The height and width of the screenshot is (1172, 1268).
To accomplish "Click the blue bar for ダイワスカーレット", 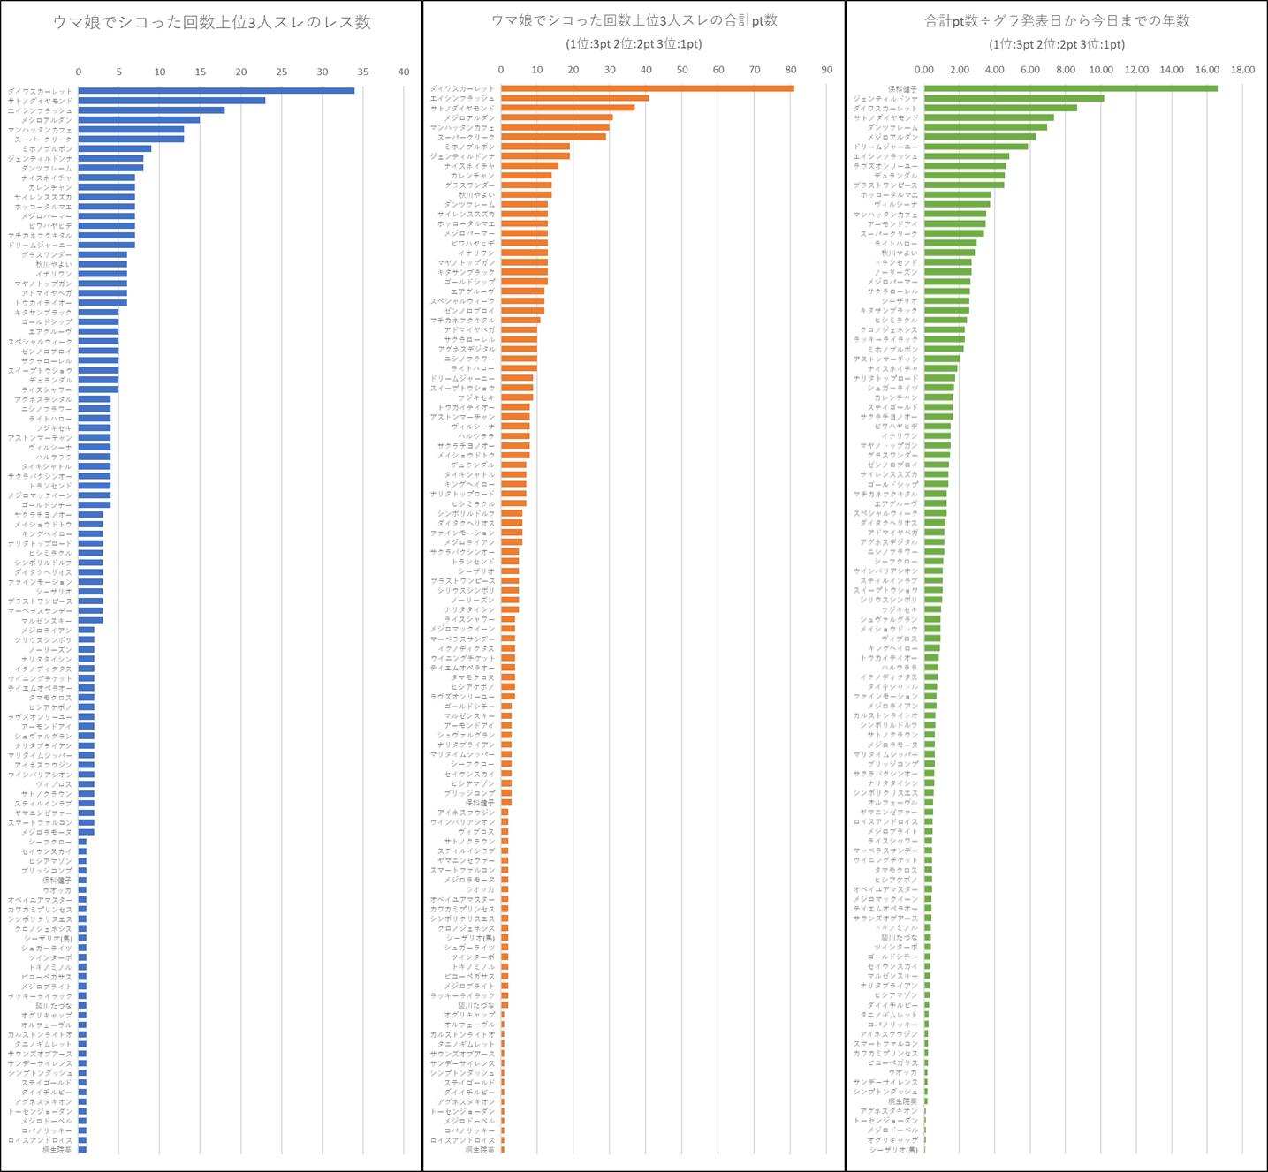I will coord(216,91).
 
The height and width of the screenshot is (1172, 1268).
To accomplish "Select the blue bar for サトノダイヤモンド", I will coord(171,101).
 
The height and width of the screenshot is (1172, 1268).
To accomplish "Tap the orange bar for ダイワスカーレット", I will coord(647,88).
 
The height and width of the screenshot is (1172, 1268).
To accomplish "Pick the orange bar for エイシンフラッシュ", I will coord(574,98).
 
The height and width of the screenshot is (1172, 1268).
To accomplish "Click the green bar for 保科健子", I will coord(1070,88).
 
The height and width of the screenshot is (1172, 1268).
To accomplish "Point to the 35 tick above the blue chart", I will coord(363,72).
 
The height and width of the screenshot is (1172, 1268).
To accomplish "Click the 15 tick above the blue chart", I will coord(201,72).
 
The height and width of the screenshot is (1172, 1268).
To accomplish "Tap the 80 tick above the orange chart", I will coord(790,70).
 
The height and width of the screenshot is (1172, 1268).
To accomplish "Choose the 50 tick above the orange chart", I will coord(682,70).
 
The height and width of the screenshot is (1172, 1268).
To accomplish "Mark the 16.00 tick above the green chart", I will coord(1207,70).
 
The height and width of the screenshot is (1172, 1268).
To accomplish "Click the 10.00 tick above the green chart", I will coord(1101,70).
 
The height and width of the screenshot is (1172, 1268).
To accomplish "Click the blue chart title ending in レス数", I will coord(211,23).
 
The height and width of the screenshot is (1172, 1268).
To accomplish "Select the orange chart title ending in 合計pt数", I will coord(634,20).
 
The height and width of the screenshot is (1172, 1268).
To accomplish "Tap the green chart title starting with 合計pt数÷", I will coord(1057,20).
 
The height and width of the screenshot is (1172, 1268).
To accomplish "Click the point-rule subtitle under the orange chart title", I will coord(634,44).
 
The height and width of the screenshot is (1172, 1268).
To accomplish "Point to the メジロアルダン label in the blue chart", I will coord(47,120).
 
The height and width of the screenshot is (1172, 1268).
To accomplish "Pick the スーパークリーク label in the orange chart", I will coord(466,137).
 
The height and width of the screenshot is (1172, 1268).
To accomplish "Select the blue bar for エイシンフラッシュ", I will coord(151,110).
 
